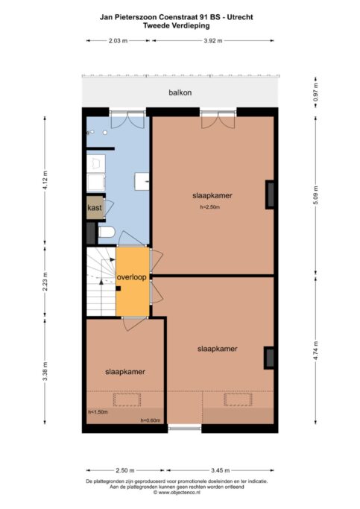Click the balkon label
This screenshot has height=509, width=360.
(180, 92)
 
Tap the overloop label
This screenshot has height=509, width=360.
(131, 277)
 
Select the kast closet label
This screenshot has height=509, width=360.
(95, 207)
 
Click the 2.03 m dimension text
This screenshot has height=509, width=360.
(118, 40)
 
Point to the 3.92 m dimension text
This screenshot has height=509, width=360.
(213, 40)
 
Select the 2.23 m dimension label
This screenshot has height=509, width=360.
(45, 281)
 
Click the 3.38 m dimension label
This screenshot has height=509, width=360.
(45, 371)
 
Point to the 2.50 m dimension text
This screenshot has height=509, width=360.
(125, 470)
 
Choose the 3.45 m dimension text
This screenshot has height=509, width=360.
(220, 470)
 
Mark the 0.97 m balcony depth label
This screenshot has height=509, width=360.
(316, 92)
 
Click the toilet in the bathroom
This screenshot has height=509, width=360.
(107, 232)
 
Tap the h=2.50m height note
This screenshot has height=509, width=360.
(210, 207)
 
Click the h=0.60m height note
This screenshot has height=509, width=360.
(151, 420)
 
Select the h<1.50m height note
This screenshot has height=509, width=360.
(98, 412)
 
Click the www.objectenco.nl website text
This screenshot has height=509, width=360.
(177, 493)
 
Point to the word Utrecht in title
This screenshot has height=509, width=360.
(240, 17)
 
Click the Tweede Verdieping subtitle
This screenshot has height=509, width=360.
(176, 25)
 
